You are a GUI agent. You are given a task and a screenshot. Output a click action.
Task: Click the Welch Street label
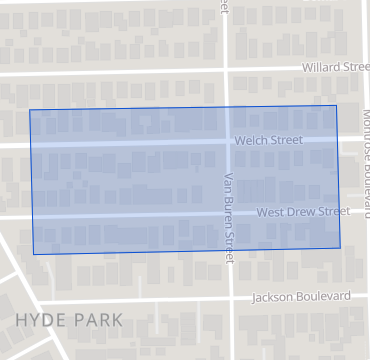click(268, 141)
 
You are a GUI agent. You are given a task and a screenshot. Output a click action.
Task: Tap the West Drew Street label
click(303, 212)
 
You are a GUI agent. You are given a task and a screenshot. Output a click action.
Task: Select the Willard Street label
click(336, 67)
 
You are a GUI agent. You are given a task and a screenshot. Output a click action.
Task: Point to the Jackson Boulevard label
click(301, 297)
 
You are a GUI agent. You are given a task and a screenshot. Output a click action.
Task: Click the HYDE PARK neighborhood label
click(69, 320)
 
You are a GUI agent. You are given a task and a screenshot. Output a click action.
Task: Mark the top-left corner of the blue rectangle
click(29, 109)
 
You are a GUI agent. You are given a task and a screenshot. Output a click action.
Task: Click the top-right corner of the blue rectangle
click(336, 105)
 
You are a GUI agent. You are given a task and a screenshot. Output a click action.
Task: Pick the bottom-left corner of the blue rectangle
click(34, 254)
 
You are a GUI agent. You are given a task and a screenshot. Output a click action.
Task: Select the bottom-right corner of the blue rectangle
click(340, 248)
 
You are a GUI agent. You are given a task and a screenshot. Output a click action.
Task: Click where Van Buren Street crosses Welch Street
click(226, 141)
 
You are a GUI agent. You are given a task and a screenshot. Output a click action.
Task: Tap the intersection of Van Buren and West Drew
click(228, 214)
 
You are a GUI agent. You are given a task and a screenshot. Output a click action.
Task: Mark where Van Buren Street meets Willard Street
click(225, 70)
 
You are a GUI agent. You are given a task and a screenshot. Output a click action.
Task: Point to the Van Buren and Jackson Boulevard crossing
click(231, 298)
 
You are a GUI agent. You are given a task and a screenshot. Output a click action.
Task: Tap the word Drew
click(305, 212)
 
